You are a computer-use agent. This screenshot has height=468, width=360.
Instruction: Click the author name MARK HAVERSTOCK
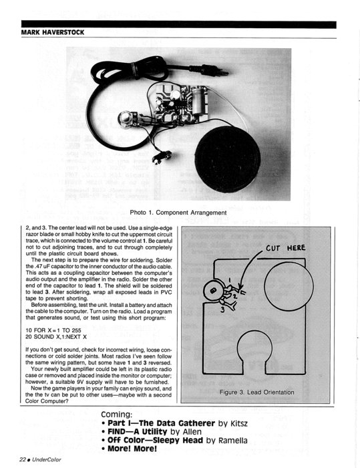[x=53, y=32]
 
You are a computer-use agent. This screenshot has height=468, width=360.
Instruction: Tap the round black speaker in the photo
[x=227, y=159]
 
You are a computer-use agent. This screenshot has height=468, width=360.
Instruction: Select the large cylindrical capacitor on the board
[x=198, y=101]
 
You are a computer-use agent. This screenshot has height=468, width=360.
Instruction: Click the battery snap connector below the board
[x=162, y=157]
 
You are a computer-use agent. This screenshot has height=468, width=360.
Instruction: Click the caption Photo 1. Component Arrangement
[x=178, y=213]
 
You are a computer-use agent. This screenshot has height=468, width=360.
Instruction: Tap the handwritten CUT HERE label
[x=286, y=248]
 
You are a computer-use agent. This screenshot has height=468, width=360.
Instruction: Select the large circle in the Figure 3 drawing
[x=289, y=285]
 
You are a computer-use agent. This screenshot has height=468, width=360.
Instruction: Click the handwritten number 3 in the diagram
[x=222, y=310]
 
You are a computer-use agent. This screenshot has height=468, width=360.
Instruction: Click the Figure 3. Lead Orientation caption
[x=256, y=392]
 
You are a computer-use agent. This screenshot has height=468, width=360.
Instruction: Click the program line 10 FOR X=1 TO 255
[x=53, y=330]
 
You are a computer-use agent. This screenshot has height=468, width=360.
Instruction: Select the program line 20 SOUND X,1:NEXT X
[x=56, y=337]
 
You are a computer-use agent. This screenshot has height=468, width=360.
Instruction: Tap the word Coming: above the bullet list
[x=117, y=415]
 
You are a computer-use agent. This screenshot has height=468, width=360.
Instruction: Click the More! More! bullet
[x=129, y=449]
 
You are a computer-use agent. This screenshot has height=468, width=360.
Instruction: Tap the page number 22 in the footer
[x=22, y=460]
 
